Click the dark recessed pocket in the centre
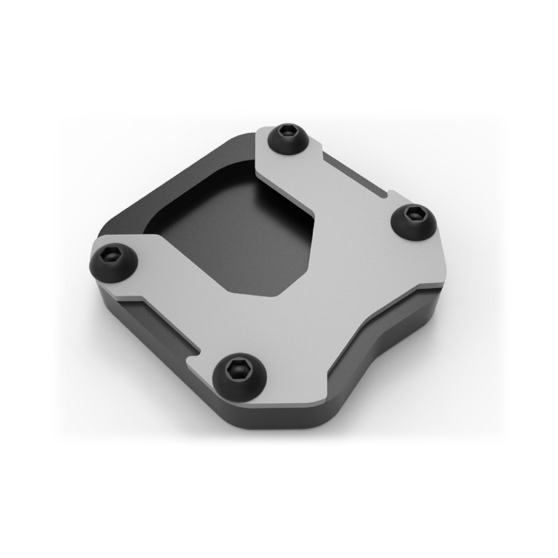click(x=230, y=230)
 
